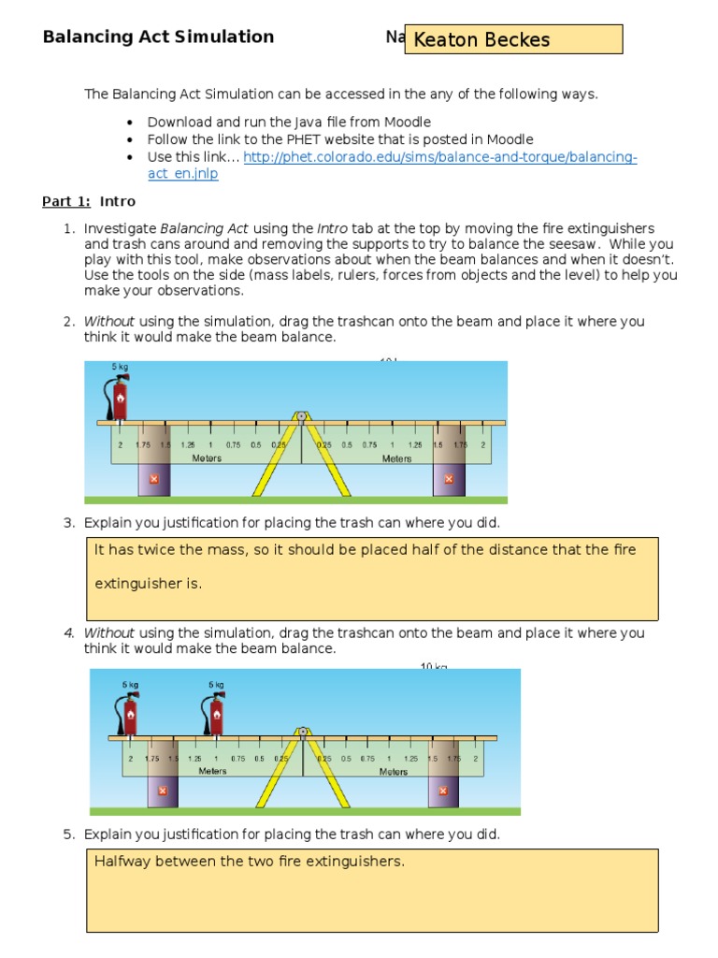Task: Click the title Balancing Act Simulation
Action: (158, 37)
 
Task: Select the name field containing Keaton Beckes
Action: (513, 39)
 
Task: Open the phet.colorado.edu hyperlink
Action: (440, 158)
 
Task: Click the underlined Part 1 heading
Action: (64, 201)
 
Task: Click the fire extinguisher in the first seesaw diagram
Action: (119, 397)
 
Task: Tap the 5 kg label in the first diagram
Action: (120, 366)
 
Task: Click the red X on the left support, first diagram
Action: (154, 479)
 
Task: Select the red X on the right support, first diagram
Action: (448, 479)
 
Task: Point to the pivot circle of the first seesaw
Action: (301, 415)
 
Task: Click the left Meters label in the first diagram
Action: (207, 458)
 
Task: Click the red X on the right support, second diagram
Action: (443, 791)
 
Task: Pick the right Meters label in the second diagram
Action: (393, 772)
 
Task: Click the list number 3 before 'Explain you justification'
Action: (68, 523)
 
